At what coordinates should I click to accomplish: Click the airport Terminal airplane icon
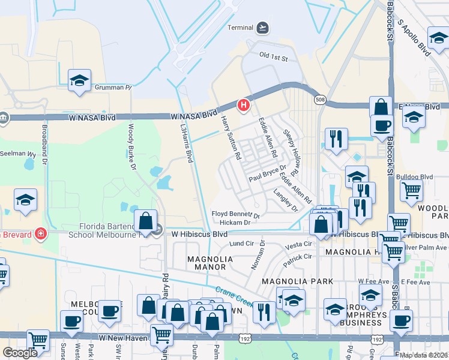coord(262,28)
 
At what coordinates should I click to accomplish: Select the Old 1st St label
coord(273,58)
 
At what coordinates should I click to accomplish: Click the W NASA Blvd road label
coord(193,115)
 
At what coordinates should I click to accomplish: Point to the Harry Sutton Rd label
coord(230,137)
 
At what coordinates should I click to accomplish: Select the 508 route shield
coord(319,100)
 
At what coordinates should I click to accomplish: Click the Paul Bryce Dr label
coord(268,176)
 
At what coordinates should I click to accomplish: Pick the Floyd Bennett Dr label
coord(235,214)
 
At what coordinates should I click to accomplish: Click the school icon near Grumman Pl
coord(79,82)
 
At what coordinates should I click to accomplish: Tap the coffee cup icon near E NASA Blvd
coord(381,125)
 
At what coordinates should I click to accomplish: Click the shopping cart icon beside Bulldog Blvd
coord(411,191)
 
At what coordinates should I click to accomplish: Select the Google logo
coord(20,353)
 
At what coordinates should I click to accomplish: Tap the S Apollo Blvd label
coord(415,37)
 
